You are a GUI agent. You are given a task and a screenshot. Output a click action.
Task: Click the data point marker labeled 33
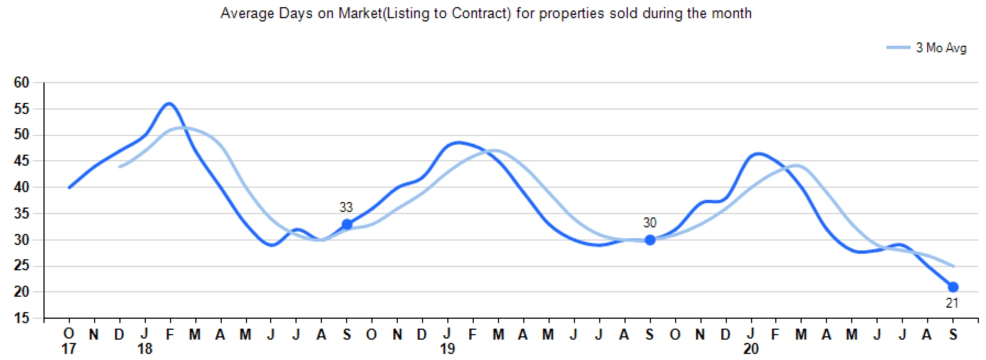[347, 224]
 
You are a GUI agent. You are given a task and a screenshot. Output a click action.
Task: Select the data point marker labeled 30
[650, 240]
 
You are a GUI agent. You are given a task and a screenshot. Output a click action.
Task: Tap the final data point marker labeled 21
[953, 287]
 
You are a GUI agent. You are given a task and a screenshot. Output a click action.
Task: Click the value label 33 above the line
[346, 208]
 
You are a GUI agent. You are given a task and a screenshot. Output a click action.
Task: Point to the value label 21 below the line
[952, 303]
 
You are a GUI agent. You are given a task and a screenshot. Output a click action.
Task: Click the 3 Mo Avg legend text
[941, 48]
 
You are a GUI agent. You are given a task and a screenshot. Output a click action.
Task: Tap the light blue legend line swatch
[898, 48]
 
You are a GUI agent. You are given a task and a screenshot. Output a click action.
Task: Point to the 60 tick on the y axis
[21, 83]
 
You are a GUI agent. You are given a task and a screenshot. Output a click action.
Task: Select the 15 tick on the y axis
[21, 318]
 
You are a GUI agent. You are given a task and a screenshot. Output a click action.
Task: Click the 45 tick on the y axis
[21, 161]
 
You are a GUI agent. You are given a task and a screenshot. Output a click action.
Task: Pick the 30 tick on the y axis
[21, 240]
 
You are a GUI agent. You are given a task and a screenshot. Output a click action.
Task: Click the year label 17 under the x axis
[68, 349]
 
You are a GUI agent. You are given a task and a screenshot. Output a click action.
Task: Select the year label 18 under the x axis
[145, 349]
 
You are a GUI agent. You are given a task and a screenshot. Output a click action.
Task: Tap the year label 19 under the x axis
[447, 349]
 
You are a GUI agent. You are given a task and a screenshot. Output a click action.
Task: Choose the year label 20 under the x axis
[751, 349]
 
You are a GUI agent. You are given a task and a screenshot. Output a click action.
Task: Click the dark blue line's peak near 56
[169, 103]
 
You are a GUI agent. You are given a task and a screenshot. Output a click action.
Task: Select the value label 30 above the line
[649, 223]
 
